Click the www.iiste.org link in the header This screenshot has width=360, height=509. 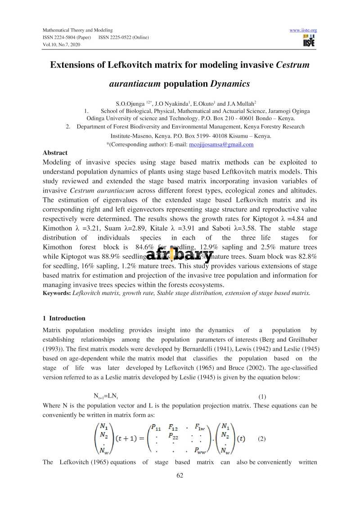[303, 30]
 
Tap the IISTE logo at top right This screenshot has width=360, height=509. [309, 40]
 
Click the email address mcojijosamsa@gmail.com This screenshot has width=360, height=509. [221, 144]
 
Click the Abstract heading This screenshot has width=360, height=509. [55, 153]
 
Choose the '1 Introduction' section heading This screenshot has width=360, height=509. [64, 318]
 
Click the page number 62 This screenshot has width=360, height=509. [180, 477]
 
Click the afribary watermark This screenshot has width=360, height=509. [180, 255]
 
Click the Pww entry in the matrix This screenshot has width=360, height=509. [200, 449]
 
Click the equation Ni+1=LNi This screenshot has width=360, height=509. [106, 396]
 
